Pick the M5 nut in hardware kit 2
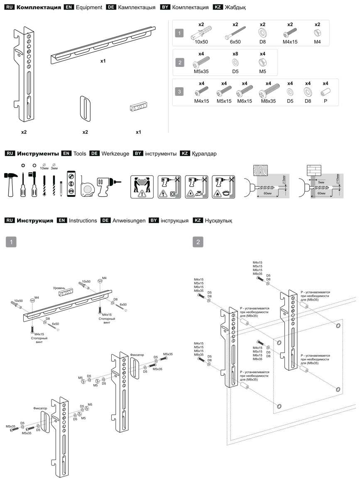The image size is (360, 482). click(262, 62)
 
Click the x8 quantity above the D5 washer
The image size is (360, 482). click(235, 54)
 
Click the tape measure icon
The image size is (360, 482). click(87, 188)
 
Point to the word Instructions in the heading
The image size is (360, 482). click(83, 220)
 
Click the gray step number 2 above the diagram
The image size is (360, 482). click(199, 242)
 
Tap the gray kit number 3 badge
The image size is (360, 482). click(179, 92)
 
